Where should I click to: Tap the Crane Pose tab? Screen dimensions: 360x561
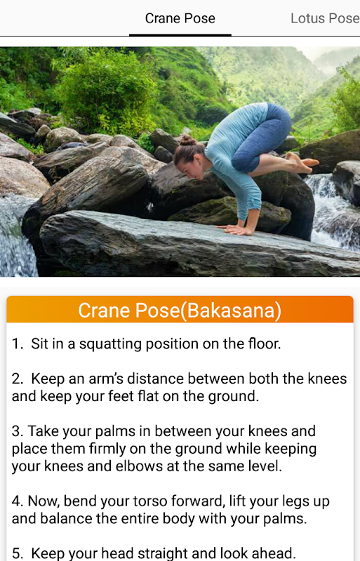(180, 19)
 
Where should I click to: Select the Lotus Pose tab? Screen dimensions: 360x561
(325, 19)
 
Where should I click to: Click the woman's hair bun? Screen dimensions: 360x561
(188, 140)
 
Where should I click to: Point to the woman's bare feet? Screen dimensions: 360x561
(302, 162)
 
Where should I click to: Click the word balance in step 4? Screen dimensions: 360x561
(66, 519)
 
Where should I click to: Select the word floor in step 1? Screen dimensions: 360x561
(265, 344)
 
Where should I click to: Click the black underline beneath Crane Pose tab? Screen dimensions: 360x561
(180, 35)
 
